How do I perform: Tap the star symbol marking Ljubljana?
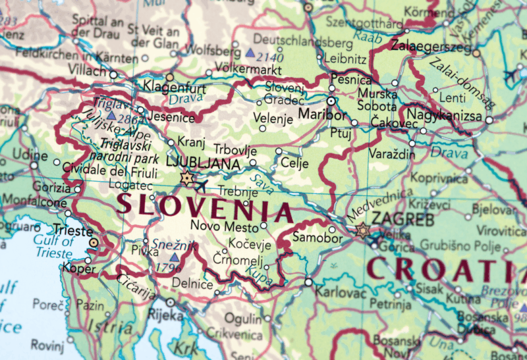[x=186, y=178]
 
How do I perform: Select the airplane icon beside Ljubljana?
[x=202, y=185]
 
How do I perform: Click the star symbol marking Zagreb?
[x=362, y=230]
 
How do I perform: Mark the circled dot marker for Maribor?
[x=331, y=101]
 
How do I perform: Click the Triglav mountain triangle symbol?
[x=111, y=115]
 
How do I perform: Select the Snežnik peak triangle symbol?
[x=174, y=257]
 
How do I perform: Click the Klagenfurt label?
[x=174, y=89]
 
